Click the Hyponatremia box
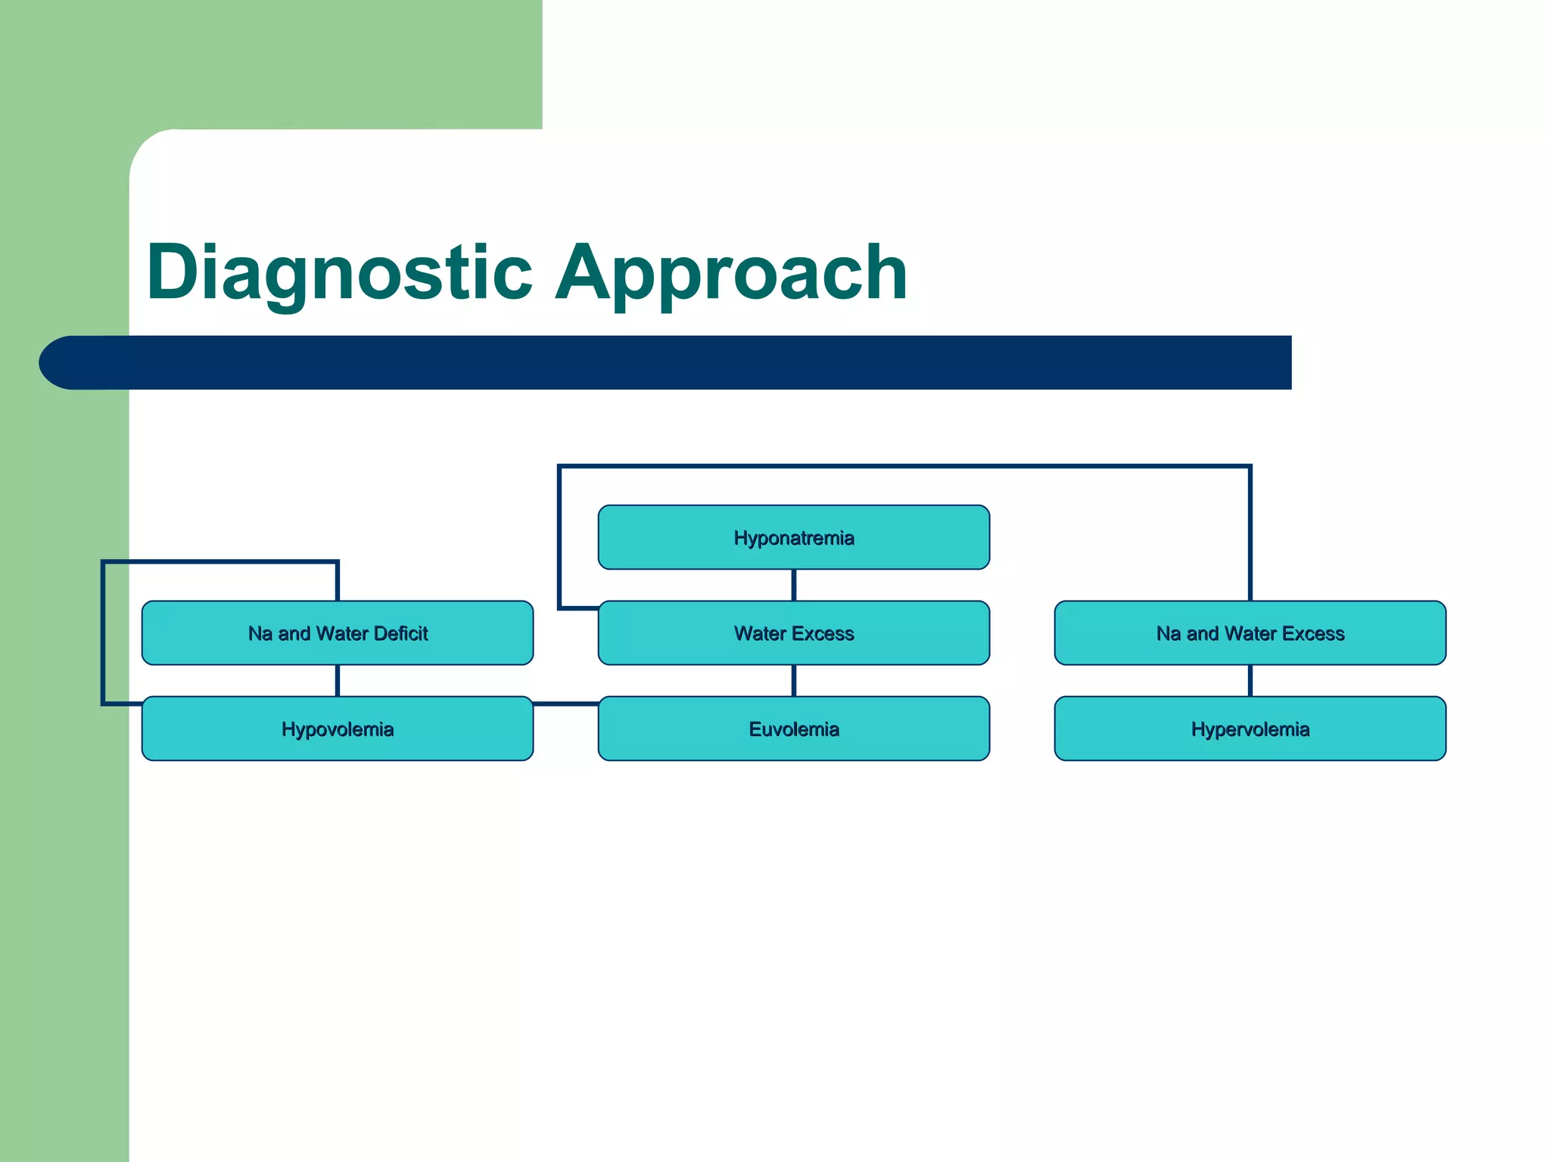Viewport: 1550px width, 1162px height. coord(793,537)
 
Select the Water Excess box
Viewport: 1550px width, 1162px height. coord(793,633)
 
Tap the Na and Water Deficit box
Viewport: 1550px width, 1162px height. coord(338,633)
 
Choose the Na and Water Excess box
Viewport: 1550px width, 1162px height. coord(1250,633)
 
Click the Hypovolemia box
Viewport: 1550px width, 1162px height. coord(338,729)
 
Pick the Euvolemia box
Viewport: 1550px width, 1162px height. coord(793,729)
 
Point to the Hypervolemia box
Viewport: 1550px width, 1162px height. coord(1250,729)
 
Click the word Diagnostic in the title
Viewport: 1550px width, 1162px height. coord(339,272)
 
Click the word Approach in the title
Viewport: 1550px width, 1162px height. coord(730,272)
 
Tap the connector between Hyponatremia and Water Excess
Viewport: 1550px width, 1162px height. coord(793,585)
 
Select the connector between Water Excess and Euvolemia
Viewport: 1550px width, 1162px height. coord(793,680)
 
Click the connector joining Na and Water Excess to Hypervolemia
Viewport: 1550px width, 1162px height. coord(1250,680)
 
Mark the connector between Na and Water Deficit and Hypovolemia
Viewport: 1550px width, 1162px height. coord(338,680)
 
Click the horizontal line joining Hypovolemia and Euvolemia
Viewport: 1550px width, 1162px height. coord(565,704)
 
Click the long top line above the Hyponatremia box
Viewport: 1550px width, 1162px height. coord(904,467)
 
